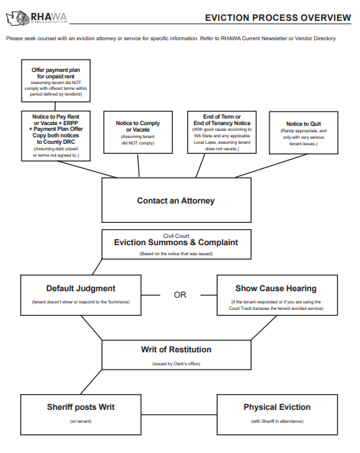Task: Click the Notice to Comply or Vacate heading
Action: point(138,127)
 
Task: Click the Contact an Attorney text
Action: point(176,201)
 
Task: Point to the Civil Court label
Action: point(176,234)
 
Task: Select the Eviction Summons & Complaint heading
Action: point(176,243)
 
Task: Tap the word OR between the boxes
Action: point(180,295)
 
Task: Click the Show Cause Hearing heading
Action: point(275,288)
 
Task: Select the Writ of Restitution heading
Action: point(176,349)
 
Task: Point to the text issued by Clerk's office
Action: point(176,364)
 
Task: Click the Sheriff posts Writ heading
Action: point(80,407)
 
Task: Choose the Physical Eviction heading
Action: point(277,407)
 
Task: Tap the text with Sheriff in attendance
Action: point(277,421)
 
